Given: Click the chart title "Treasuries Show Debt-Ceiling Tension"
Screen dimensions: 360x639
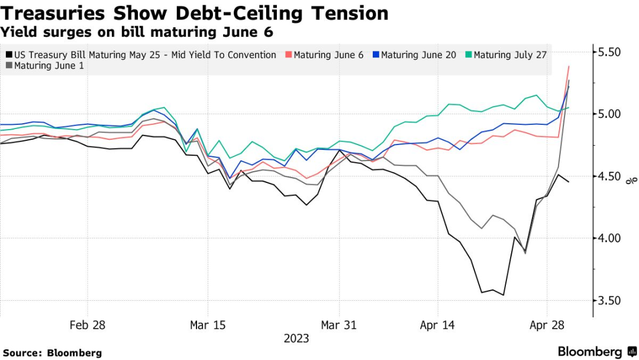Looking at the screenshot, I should [x=195, y=13].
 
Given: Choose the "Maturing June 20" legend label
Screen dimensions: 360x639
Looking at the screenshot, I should [x=418, y=55].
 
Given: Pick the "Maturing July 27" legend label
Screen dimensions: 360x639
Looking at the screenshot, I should [x=510, y=55].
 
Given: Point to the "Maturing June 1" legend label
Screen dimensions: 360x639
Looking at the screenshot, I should [x=49, y=66].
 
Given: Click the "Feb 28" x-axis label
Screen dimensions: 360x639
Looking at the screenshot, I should [x=88, y=325].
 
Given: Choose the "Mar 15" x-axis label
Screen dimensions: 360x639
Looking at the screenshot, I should [x=208, y=325].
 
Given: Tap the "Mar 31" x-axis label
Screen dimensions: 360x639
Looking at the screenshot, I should [x=338, y=325].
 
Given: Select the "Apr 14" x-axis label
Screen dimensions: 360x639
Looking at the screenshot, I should [x=437, y=325].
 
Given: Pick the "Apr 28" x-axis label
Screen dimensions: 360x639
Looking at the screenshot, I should [x=547, y=325].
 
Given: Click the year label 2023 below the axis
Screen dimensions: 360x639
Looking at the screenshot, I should [x=296, y=339].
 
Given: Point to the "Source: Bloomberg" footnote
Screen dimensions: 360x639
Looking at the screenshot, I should [x=53, y=353].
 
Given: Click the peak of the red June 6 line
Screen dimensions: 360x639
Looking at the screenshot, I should [x=569, y=66].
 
